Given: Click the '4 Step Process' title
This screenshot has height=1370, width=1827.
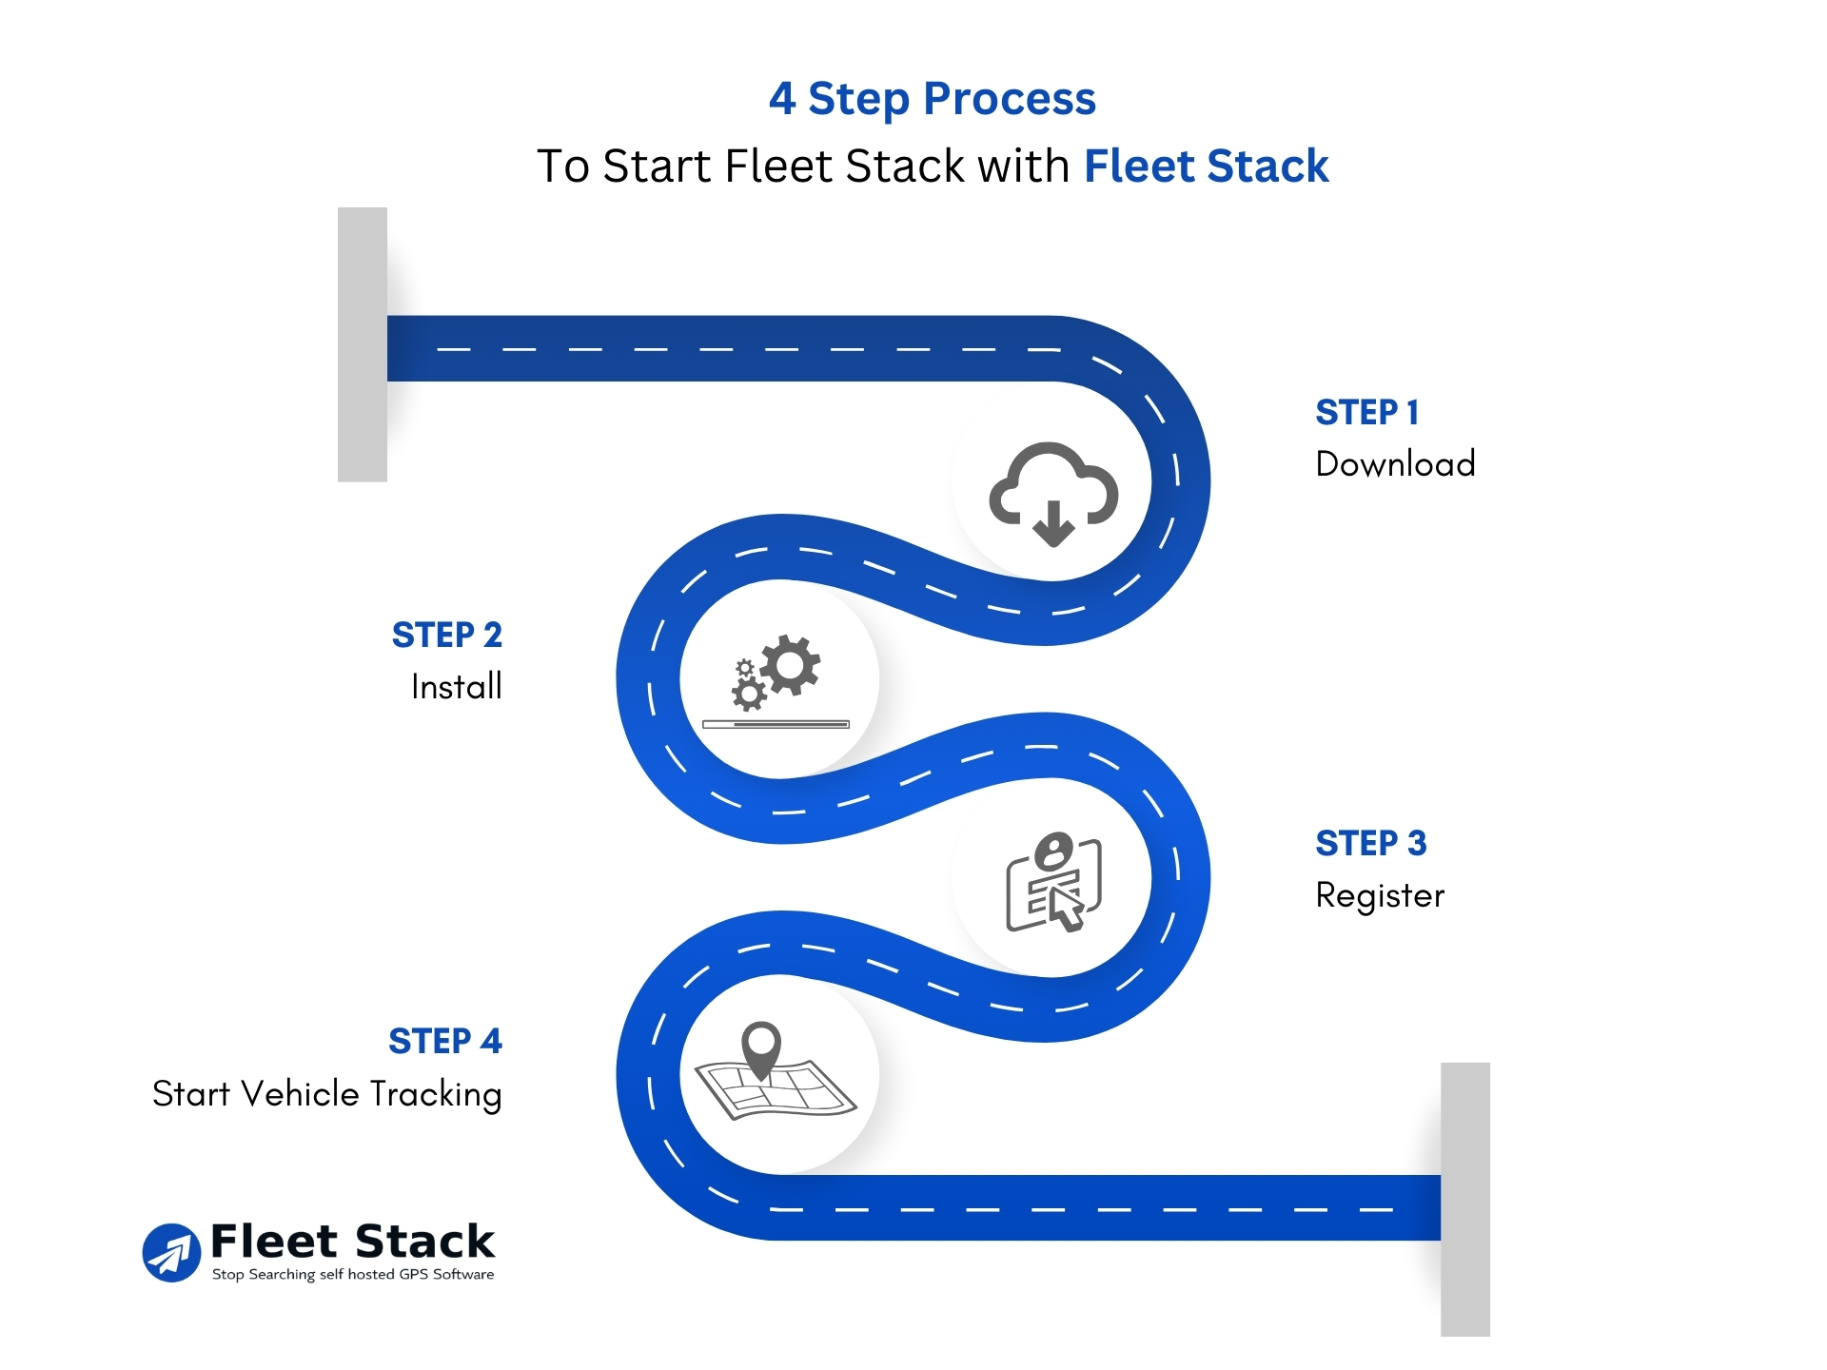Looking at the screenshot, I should tap(932, 99).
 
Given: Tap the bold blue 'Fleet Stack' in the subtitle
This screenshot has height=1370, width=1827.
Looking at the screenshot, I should tap(1206, 166).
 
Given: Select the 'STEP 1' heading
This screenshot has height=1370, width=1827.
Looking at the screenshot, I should tap(1366, 413).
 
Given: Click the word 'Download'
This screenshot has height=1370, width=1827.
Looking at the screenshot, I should tap(1395, 464).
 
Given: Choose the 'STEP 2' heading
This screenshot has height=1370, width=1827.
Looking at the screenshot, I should tap(446, 636).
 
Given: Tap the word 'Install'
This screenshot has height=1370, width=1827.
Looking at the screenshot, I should tap(456, 687).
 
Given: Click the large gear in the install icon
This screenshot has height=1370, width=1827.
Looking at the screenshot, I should tap(790, 664).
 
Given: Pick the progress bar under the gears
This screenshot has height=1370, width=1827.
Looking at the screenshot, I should tap(776, 725).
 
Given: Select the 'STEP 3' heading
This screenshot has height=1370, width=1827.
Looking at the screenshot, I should tap(1370, 844).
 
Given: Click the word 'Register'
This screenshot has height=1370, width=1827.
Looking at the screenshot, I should tap(1380, 896).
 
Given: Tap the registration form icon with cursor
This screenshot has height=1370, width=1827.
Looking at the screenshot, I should tap(1053, 882).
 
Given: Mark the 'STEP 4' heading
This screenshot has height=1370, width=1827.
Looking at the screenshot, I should tap(444, 1042).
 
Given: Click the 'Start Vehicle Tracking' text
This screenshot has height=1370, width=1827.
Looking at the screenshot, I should tap(326, 1095).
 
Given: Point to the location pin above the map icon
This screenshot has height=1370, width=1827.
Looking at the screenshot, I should tap(761, 1048).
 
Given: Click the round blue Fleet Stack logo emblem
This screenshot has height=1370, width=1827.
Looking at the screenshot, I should tap(171, 1253).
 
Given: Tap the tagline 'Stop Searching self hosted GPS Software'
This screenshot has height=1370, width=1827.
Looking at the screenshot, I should tap(353, 1275).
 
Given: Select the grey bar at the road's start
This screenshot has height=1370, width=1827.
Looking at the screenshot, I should tap(363, 344).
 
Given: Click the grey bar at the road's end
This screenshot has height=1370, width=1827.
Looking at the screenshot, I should tap(1464, 1199).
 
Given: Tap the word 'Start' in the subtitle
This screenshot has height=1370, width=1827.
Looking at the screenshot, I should tap(656, 166).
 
